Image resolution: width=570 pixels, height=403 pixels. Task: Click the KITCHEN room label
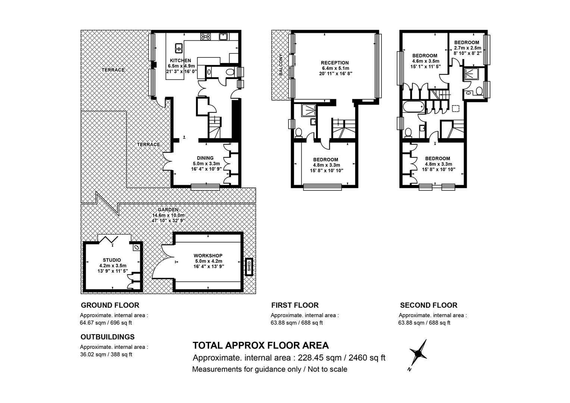pyautogui.click(x=181, y=60)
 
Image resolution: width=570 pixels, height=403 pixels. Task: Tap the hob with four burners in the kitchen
pyautogui.click(x=205, y=37)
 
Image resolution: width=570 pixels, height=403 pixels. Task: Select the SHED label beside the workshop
pyautogui.click(x=249, y=266)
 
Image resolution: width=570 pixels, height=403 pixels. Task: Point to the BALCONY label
pyautogui.click(x=281, y=65)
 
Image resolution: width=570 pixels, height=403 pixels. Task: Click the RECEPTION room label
pyautogui.click(x=335, y=63)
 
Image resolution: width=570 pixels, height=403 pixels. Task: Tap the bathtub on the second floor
pyautogui.click(x=413, y=107)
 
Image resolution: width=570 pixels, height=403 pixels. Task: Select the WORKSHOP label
pyautogui.click(x=208, y=256)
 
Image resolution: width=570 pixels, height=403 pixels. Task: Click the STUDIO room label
pyautogui.click(x=112, y=260)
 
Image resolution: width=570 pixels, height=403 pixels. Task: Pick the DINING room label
pyautogui.click(x=205, y=158)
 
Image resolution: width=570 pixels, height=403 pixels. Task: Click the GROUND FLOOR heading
pyautogui.click(x=110, y=305)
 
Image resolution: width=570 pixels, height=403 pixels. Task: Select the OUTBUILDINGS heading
pyautogui.click(x=107, y=337)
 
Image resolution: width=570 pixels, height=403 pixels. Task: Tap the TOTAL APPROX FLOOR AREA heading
pyautogui.click(x=261, y=346)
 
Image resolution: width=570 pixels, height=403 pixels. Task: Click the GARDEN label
pyautogui.click(x=168, y=210)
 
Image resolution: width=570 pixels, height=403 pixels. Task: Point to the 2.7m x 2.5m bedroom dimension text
pyautogui.click(x=468, y=48)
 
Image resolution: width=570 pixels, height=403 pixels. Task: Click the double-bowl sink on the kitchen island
pyautogui.click(x=179, y=48)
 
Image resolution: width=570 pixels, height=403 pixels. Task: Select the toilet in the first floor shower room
pyautogui.click(x=298, y=133)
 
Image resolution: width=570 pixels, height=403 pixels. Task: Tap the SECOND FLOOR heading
pyautogui.click(x=429, y=305)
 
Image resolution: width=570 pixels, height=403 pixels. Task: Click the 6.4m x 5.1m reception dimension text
pyautogui.click(x=335, y=68)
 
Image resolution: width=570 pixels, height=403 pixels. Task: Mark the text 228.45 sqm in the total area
pyautogui.click(x=320, y=358)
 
